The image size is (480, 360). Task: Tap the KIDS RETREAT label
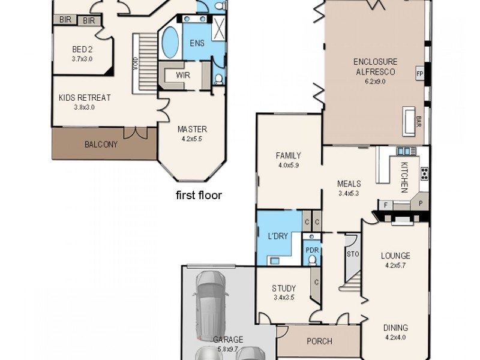coord(85,98)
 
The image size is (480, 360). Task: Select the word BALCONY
coord(100,145)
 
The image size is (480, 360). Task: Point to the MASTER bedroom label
coord(192,129)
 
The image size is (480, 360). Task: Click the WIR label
coord(183,76)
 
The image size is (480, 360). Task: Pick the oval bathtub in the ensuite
coord(170,43)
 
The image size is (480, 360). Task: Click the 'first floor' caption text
coord(199,195)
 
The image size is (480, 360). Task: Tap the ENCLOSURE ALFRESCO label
coord(374,67)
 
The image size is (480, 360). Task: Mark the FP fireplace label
coord(419,74)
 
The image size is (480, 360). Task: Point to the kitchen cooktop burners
coord(425,174)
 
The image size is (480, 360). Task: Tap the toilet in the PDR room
coord(312,260)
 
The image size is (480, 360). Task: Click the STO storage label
coord(352,254)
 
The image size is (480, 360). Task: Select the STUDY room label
coord(284,289)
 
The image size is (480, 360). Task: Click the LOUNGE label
coord(395,256)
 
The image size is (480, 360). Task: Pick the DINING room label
coord(395,328)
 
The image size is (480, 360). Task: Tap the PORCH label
coord(319,341)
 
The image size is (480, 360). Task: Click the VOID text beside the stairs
coord(135,62)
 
